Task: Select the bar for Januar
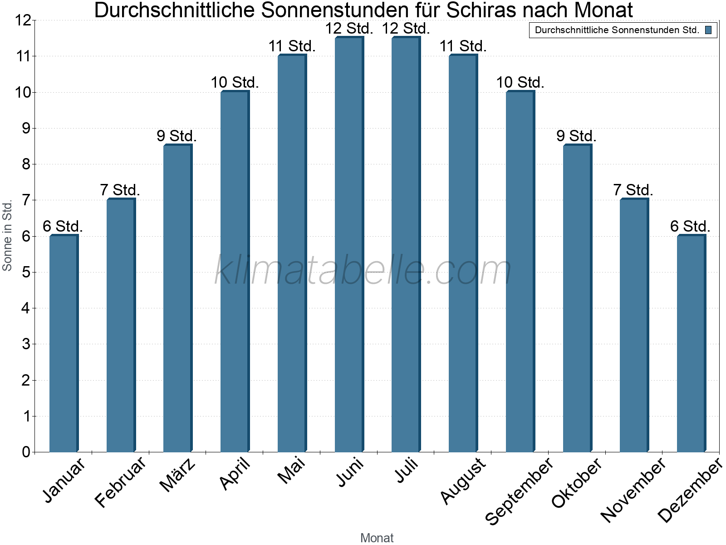click(x=64, y=343)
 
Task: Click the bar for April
click(x=235, y=272)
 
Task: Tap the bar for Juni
click(x=349, y=244)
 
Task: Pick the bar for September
click(x=520, y=272)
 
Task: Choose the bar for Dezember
click(x=691, y=343)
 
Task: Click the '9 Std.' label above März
click(x=177, y=136)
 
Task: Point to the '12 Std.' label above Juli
click(x=406, y=29)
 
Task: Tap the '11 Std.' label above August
click(x=463, y=46)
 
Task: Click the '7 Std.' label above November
click(x=633, y=190)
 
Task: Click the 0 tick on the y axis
click(x=25, y=452)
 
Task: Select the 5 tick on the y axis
click(x=25, y=272)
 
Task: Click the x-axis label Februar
click(x=120, y=482)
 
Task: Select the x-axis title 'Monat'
click(x=377, y=538)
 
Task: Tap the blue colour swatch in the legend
click(x=708, y=30)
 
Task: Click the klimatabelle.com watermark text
click(x=363, y=271)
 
